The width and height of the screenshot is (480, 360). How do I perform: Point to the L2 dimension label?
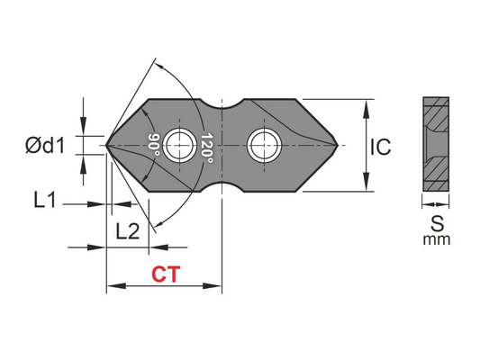coord(128,231)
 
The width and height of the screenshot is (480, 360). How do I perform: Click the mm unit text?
coord(435,239)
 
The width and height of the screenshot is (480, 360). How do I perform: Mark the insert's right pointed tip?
coord(339,144)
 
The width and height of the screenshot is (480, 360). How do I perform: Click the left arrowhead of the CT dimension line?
coord(112,288)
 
